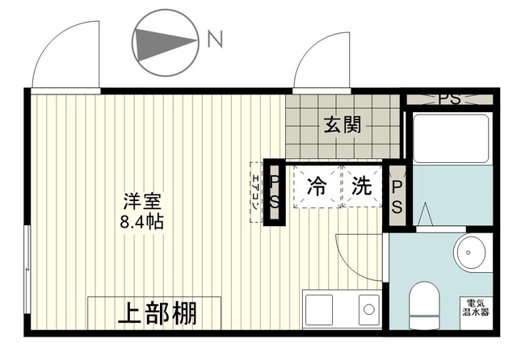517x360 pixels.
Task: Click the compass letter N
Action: pos(215,39)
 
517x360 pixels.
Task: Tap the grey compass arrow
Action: pos(165,44)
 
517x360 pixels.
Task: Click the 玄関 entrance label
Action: pos(343,124)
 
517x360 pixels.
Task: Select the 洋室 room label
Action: pos(142,201)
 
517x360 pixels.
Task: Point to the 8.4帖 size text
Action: pos(142,222)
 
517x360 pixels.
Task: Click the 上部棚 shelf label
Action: pos(158,313)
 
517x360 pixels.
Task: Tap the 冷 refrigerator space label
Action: pos(317,186)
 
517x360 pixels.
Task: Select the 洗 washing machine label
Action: pos(361,186)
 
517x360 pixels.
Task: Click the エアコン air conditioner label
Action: pos(255,192)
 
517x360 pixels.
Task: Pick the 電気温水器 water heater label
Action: pos(476,308)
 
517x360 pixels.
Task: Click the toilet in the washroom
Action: pos(424,305)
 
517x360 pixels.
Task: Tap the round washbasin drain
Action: pos(469,253)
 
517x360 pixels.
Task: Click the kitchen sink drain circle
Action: pos(369,309)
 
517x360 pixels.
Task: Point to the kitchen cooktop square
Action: pos(319,310)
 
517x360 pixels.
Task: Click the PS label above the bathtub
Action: pos(449,98)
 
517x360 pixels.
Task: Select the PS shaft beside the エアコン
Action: pos(275,192)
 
